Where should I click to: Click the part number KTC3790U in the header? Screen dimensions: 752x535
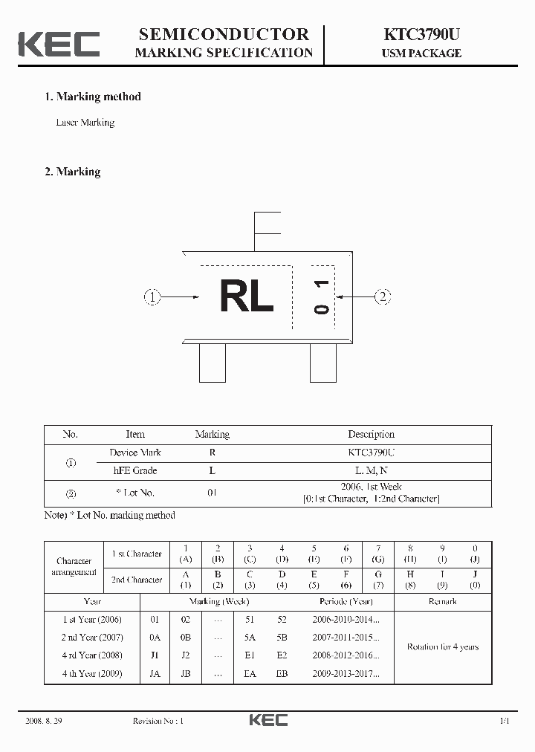pyautogui.click(x=421, y=34)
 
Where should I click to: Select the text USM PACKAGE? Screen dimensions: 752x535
pyautogui.click(x=421, y=54)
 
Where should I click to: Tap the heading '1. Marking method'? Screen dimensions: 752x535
pyautogui.click(x=93, y=97)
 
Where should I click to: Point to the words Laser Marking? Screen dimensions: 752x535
pyautogui.click(x=85, y=123)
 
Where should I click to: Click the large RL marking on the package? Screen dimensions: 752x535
pyautogui.click(x=247, y=297)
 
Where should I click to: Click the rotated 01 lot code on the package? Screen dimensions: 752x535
pyautogui.click(x=321, y=296)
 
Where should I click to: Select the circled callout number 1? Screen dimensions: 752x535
pyautogui.click(x=152, y=297)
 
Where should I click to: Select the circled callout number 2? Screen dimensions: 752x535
pyautogui.click(x=382, y=297)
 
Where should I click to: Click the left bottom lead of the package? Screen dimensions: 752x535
pyautogui.click(x=213, y=363)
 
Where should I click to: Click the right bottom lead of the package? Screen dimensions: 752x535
pyautogui.click(x=322, y=363)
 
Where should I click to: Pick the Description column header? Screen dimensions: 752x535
pyautogui.click(x=371, y=435)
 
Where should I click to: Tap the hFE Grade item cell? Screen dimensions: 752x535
pyautogui.click(x=134, y=470)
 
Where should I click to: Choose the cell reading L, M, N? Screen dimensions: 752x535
pyautogui.click(x=371, y=470)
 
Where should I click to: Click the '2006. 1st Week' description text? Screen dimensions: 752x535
pyautogui.click(x=371, y=487)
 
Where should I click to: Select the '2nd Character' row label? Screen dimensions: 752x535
pyautogui.click(x=137, y=580)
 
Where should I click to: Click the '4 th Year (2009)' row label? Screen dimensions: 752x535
pyautogui.click(x=92, y=674)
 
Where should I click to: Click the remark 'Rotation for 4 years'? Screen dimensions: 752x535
pyautogui.click(x=442, y=646)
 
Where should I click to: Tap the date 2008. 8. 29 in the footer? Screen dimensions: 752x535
pyautogui.click(x=43, y=721)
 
